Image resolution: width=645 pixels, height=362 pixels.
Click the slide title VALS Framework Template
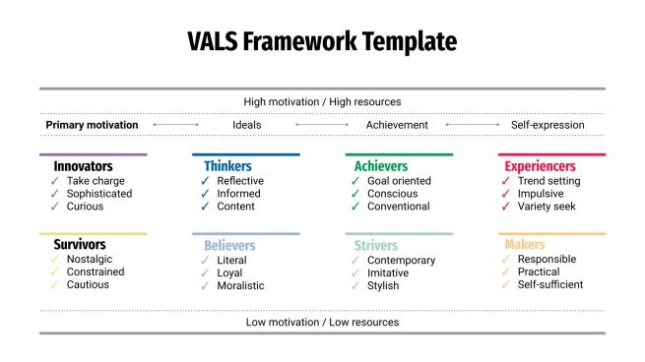(x=322, y=42)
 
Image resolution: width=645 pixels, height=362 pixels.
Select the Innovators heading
(x=83, y=166)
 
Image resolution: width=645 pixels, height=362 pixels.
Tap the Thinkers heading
(x=227, y=166)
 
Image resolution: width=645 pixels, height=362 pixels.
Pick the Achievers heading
(x=380, y=166)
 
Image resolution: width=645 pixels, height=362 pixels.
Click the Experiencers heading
(x=541, y=166)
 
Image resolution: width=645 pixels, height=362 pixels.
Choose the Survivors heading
(x=80, y=244)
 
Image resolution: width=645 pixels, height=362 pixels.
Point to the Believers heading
(x=229, y=245)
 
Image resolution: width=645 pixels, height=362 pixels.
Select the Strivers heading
(x=375, y=245)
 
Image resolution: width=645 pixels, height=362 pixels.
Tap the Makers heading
(x=524, y=244)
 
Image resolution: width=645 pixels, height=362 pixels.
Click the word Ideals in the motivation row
(x=247, y=125)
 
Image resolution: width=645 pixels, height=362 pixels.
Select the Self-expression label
(x=548, y=125)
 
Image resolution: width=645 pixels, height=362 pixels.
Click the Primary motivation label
(x=92, y=125)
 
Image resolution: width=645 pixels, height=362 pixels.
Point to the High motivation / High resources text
(x=322, y=101)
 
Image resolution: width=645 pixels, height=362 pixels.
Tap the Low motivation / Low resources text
(x=322, y=322)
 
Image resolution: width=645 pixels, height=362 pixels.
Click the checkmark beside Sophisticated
(x=55, y=194)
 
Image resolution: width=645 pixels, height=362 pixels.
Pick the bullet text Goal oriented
(x=398, y=181)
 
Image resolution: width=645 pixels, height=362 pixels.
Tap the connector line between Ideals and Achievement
(x=322, y=125)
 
